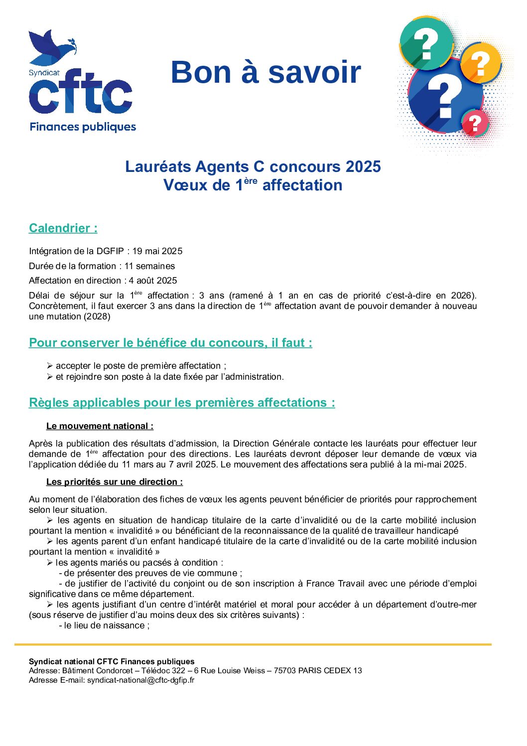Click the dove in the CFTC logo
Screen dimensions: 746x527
click(x=50, y=47)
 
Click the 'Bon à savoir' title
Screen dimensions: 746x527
click(x=265, y=72)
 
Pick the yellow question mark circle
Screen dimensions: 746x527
click(x=480, y=63)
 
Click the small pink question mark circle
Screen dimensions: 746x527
click(x=475, y=124)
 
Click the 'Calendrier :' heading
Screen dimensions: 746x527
click(x=63, y=228)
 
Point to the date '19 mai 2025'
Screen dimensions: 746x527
click(x=157, y=251)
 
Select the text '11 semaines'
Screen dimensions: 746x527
click(x=149, y=266)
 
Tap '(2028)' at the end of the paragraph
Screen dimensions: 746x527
click(x=98, y=316)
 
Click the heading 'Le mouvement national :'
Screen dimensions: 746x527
click(x=100, y=426)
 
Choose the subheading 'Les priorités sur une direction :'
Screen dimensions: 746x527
click(x=115, y=482)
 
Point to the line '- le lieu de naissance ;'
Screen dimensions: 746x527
click(x=104, y=625)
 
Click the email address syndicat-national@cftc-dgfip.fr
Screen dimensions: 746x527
click(x=141, y=680)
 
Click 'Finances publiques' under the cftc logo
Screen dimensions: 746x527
click(x=83, y=127)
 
